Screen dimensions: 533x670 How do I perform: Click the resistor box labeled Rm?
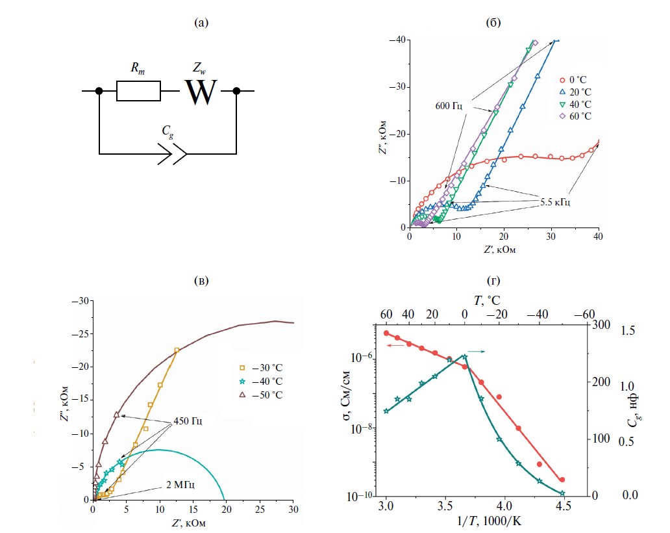click(x=138, y=91)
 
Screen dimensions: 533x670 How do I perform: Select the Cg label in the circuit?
click(x=168, y=130)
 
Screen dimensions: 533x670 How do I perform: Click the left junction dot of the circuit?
click(x=99, y=91)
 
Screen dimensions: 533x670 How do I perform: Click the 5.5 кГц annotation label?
click(x=555, y=203)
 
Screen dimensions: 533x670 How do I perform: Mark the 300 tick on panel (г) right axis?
click(x=600, y=323)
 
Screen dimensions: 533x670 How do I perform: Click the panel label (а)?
click(x=202, y=24)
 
